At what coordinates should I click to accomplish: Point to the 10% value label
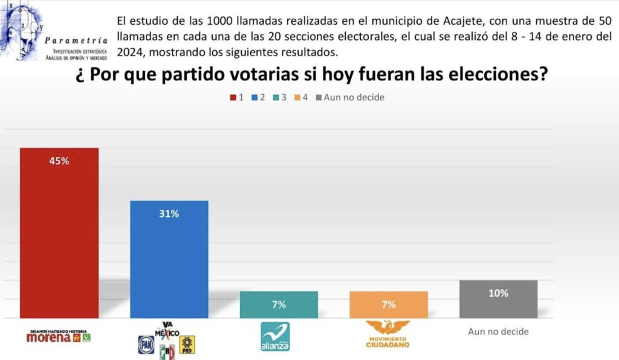click(x=498, y=294)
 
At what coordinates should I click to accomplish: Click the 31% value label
click(x=169, y=213)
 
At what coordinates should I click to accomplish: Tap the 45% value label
click(x=59, y=161)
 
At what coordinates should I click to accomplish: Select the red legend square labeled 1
click(x=233, y=97)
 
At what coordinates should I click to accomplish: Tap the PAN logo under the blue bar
click(x=146, y=344)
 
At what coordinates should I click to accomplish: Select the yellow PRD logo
click(x=187, y=344)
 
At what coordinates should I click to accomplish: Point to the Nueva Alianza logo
click(x=275, y=336)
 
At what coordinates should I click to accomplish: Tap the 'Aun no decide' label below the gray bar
click(x=498, y=332)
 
